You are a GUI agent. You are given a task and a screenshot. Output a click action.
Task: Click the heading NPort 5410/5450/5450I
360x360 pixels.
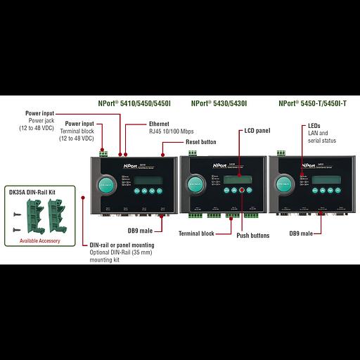(136, 103)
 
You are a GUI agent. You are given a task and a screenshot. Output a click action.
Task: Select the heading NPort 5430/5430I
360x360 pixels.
(219, 103)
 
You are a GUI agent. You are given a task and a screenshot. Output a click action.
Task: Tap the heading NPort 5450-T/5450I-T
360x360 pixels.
(312, 103)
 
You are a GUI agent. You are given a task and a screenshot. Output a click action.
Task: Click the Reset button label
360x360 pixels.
(201, 142)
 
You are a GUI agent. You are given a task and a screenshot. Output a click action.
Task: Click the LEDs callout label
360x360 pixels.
(315, 126)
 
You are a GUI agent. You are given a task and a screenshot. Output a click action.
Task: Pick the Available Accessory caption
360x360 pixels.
(34, 240)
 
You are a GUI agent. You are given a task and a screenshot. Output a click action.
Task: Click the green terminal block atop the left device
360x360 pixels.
(105, 152)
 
